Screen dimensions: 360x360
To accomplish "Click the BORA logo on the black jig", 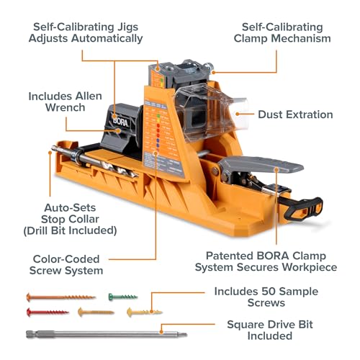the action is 121,122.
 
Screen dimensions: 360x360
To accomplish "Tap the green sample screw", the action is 123,297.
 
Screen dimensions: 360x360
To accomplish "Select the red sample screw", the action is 48,312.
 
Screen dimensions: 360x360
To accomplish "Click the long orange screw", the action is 61,297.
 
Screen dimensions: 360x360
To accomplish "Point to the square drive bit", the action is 107,334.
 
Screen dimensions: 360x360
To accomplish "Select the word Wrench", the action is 66,107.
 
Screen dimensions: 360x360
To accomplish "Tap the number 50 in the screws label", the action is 269,292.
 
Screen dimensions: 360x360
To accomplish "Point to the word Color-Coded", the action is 66,259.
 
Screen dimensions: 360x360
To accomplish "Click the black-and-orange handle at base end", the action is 304,210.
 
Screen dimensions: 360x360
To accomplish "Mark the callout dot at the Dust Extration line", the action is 238,114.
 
